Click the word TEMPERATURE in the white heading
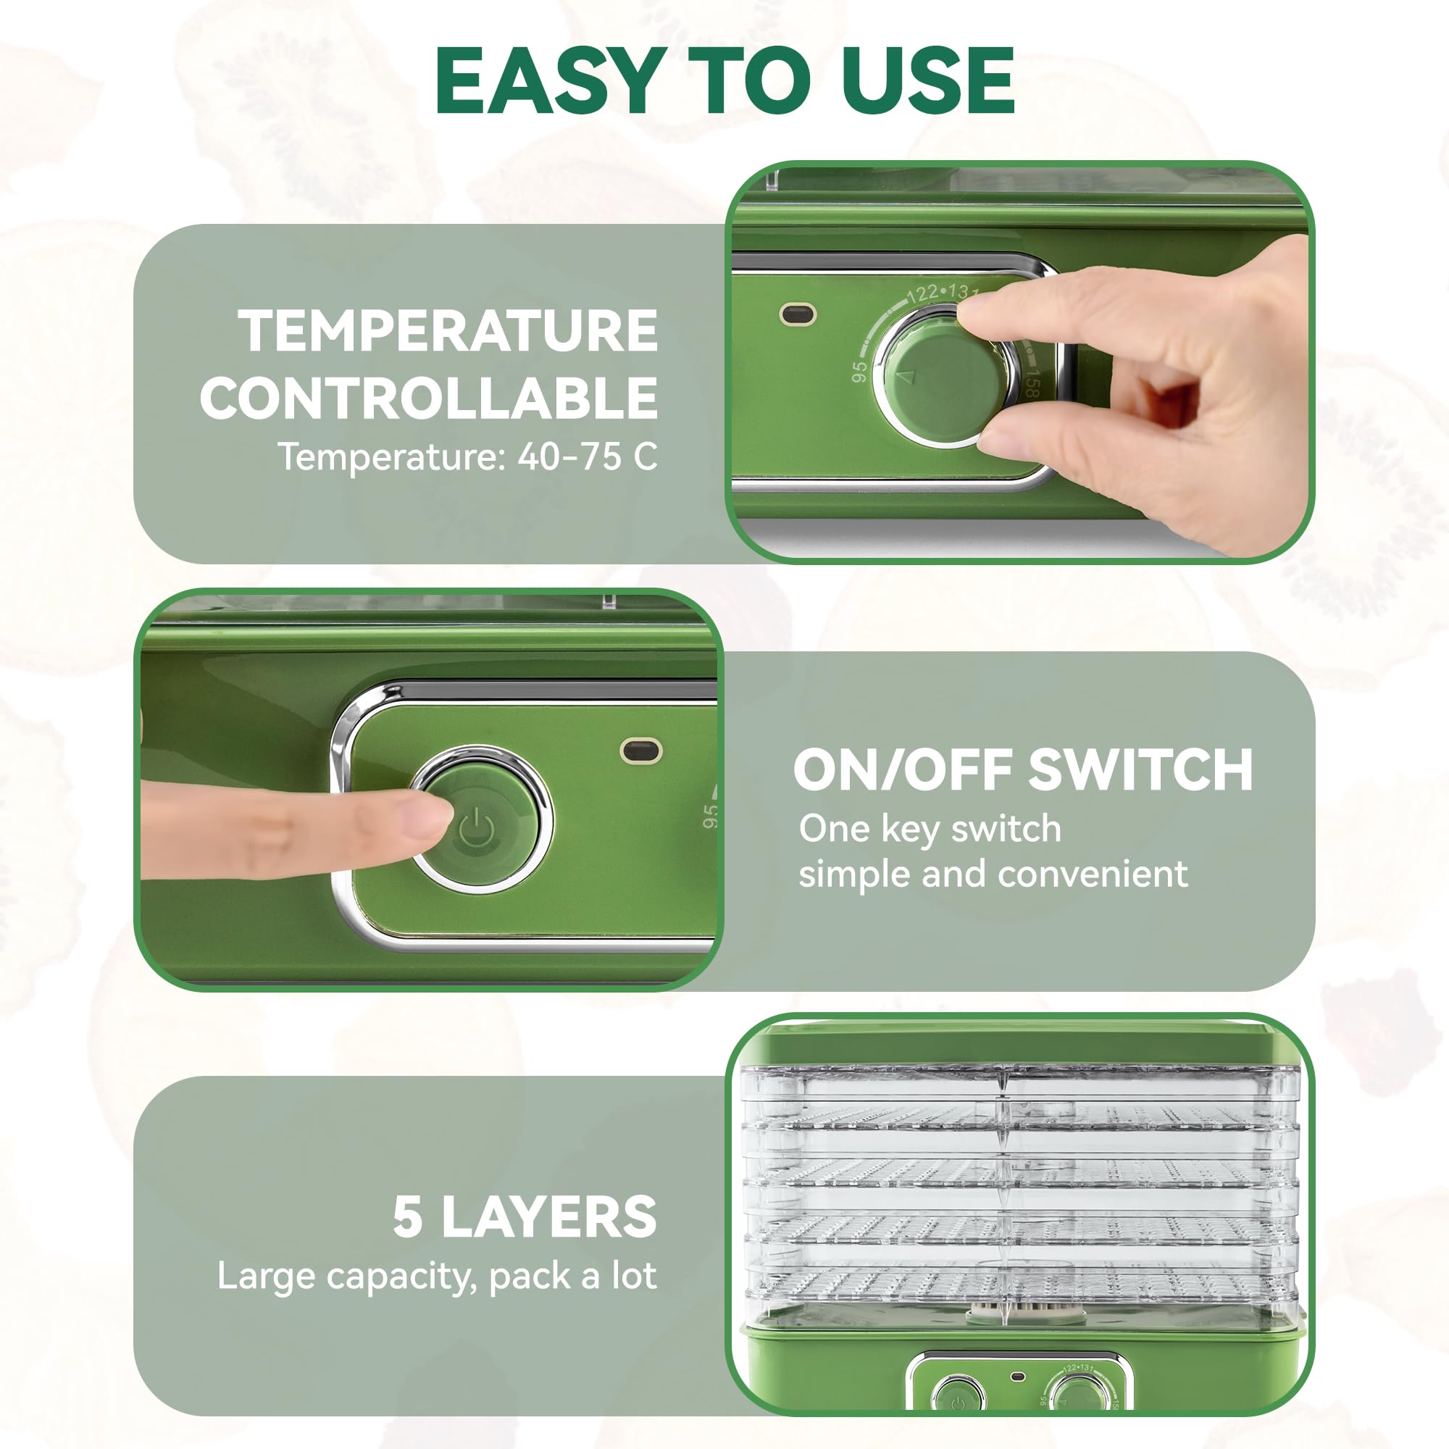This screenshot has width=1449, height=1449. coord(448,331)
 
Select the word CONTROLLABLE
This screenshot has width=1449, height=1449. coord(429,398)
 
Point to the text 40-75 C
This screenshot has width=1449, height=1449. coord(588,456)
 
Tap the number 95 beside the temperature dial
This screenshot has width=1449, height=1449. coord(859,370)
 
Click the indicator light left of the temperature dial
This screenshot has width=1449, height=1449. coord(798,314)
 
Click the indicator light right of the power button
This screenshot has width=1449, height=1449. coord(641,751)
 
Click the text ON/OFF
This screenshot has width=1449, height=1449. coord(903,770)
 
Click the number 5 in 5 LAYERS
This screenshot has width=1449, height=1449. coord(408,1216)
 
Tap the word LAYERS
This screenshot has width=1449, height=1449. coord(549,1216)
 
